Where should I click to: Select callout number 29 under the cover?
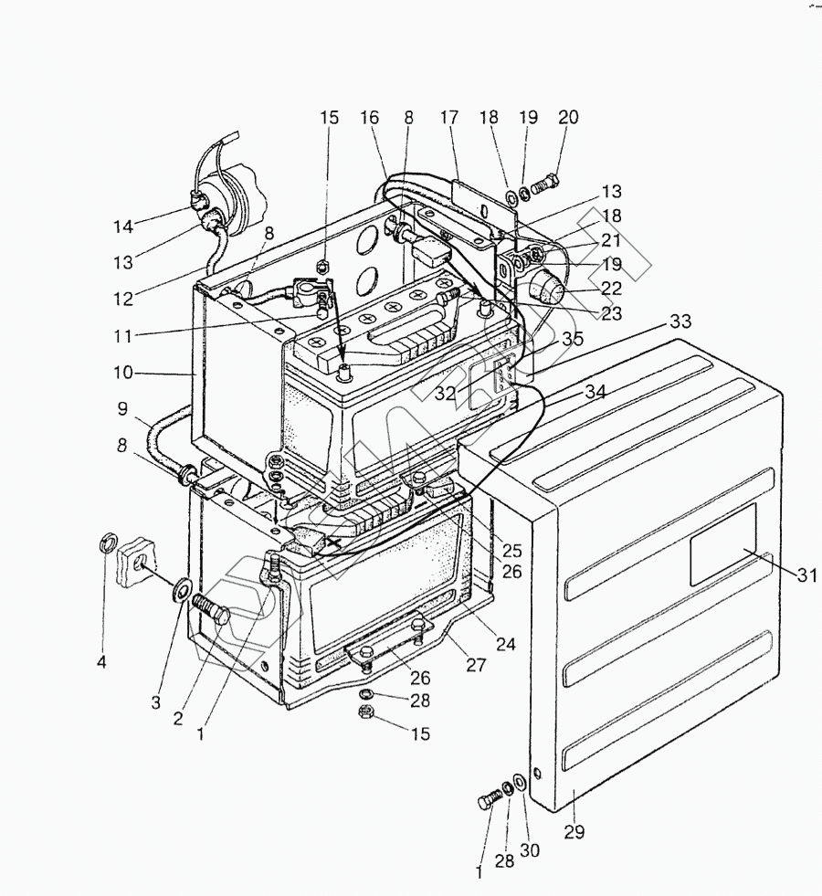point(574,832)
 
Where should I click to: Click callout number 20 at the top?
point(568,118)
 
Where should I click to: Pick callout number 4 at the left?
point(101,661)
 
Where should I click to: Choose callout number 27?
point(476,665)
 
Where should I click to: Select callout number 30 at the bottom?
point(530,850)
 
